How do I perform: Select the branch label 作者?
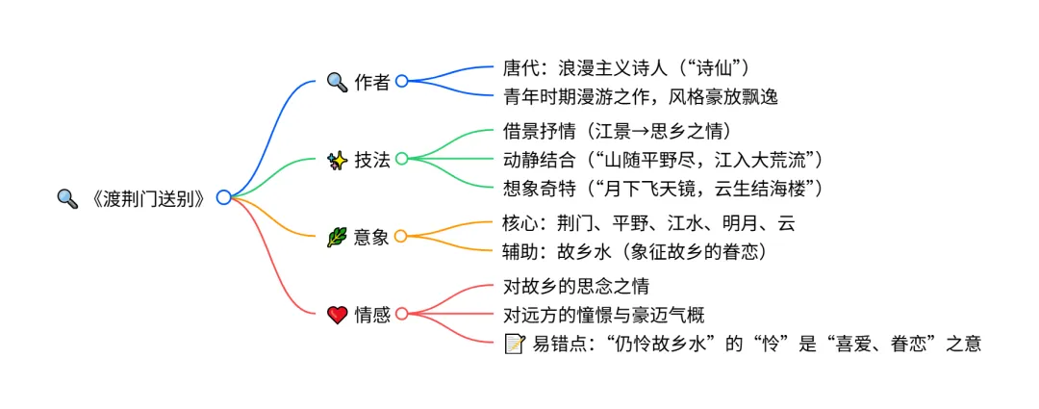pyautogui.click(x=372, y=82)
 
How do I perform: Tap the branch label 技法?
pyautogui.click(x=372, y=160)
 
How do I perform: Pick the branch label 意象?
pyautogui.click(x=372, y=237)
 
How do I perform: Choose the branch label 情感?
pyautogui.click(x=372, y=315)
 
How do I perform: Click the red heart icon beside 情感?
pyautogui.click(x=337, y=315)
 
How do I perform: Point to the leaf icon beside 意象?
pyautogui.click(x=337, y=237)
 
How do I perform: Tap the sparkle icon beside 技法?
pyautogui.click(x=337, y=160)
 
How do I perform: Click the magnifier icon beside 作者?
pyautogui.click(x=337, y=82)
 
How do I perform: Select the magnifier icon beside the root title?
pyautogui.click(x=67, y=198)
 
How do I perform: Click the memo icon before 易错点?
pyautogui.click(x=515, y=343)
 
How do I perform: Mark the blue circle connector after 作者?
pyautogui.click(x=402, y=82)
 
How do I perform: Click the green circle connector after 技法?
pyautogui.click(x=402, y=159)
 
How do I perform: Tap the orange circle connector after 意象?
pyautogui.click(x=402, y=236)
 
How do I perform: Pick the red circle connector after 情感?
pyautogui.click(x=402, y=314)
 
